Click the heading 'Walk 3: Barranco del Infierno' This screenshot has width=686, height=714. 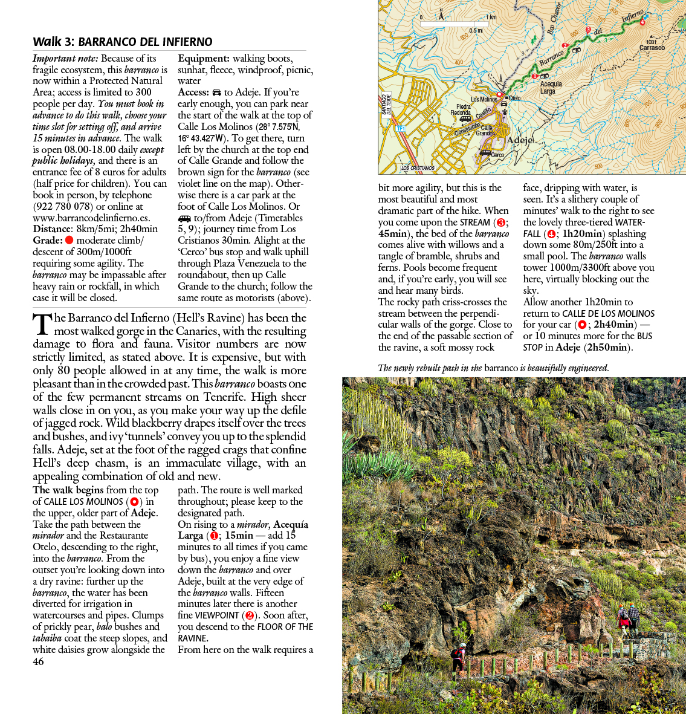[x=123, y=42]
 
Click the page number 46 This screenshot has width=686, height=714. [x=38, y=661]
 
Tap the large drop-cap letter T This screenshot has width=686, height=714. [x=42, y=324]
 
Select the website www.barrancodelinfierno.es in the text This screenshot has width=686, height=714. [x=91, y=218]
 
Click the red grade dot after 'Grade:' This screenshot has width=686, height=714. [x=69, y=241]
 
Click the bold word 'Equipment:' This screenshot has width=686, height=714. [x=203, y=59]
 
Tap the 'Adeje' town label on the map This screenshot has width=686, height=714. [x=520, y=140]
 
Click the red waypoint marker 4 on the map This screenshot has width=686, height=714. [x=642, y=22]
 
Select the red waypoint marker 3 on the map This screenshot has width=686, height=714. [x=587, y=30]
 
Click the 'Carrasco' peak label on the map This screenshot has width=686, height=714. [x=652, y=48]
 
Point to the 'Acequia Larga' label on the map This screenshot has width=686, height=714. [x=550, y=88]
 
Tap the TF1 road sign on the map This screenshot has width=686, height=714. [x=400, y=129]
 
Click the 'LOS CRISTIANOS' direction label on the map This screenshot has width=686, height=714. [x=418, y=168]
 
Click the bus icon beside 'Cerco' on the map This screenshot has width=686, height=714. [x=485, y=153]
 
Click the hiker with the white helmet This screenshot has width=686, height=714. [x=459, y=659]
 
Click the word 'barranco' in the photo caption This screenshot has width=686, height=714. [x=501, y=368]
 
